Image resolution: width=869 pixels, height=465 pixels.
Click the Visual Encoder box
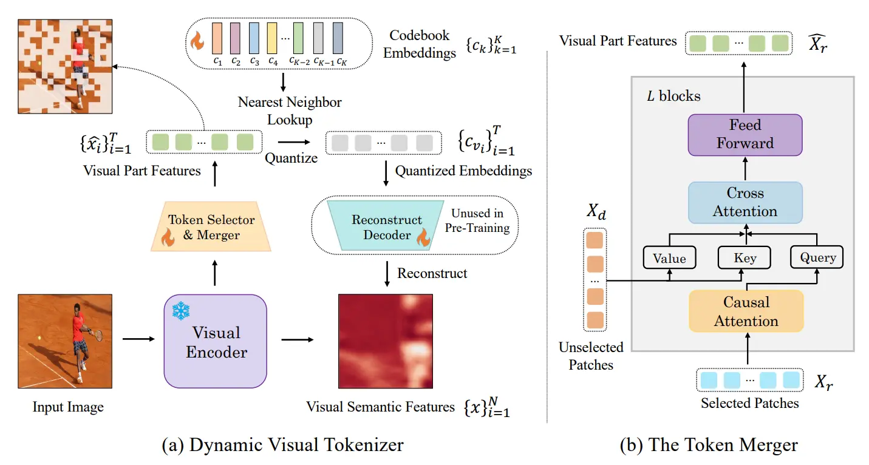[x=216, y=341]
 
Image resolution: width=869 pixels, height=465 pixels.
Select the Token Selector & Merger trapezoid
[x=211, y=226]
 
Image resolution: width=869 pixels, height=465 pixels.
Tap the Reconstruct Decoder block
[x=386, y=225]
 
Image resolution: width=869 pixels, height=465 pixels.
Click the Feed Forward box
[x=745, y=135]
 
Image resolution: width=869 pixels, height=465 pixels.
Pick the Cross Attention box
[x=745, y=202]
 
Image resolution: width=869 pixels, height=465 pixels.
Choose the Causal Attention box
[x=746, y=311]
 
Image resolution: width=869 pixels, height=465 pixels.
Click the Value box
[x=670, y=257]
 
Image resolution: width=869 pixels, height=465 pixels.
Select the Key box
[x=745, y=257]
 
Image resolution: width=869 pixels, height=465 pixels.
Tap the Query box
[x=817, y=257]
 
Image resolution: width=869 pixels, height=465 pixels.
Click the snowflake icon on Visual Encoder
[x=181, y=311]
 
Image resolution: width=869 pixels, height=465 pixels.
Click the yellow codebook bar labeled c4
[x=272, y=38]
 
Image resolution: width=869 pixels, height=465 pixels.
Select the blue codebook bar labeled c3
[x=254, y=38]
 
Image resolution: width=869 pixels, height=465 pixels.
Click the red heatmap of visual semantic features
[x=386, y=341]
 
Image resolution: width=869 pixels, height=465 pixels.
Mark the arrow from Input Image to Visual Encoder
[x=138, y=339]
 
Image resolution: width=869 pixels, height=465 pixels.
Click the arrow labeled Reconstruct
[x=387, y=274]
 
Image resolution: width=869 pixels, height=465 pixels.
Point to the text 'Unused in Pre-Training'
[x=477, y=220]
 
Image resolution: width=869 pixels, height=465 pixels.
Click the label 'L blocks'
[x=673, y=96]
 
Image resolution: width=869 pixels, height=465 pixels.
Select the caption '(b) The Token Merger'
[x=709, y=444]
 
